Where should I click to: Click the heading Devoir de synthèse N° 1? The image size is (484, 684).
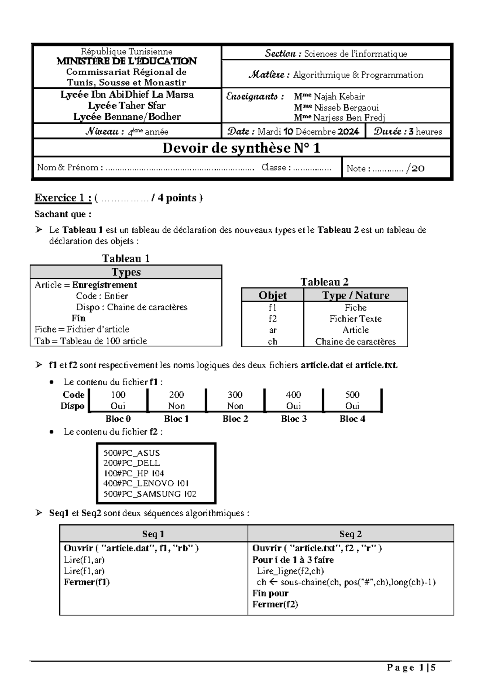point(241,148)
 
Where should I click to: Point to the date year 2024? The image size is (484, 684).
point(348,131)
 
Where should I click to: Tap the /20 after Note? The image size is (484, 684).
point(415,168)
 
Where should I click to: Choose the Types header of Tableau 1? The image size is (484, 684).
point(126,272)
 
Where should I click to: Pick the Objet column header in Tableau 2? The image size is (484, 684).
point(273,295)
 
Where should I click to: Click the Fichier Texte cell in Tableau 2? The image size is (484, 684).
point(355,319)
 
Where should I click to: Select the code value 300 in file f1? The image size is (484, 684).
point(235,394)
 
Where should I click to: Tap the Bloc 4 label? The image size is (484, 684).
point(352,419)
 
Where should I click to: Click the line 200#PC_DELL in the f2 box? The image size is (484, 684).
point(131,463)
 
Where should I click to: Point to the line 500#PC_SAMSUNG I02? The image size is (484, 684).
point(150,494)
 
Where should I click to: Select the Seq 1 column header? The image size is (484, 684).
point(153,534)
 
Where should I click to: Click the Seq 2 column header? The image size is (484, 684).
point(350,534)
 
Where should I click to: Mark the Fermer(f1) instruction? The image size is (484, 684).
point(87,582)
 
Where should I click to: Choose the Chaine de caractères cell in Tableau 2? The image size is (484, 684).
point(355,342)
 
